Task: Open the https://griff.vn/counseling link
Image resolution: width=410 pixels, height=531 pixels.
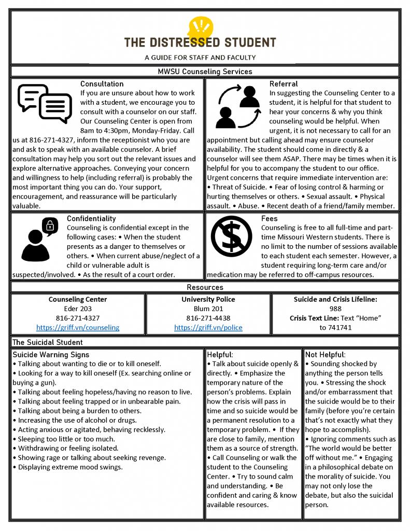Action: [78, 327]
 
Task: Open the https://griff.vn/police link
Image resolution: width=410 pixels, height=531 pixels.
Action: [208, 327]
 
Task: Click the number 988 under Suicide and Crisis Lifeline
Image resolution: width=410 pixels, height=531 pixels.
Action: [335, 309]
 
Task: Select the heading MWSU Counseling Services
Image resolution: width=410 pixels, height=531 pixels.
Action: [205, 72]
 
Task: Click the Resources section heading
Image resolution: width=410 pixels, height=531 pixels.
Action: [205, 287]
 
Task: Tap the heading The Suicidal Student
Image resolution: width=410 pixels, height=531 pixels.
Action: [47, 342]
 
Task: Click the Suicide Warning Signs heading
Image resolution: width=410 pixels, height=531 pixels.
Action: [51, 355]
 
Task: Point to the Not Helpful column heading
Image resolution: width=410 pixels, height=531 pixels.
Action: [324, 355]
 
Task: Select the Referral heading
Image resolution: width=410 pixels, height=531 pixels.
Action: [284, 83]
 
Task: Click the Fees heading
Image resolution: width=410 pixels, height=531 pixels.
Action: [269, 218]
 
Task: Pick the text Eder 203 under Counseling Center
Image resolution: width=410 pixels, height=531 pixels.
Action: [78, 309]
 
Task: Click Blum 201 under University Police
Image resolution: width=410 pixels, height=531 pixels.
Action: [208, 309]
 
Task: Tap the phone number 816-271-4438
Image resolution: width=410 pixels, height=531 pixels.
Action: [208, 318]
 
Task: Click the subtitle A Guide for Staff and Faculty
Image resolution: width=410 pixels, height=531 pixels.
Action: [200, 58]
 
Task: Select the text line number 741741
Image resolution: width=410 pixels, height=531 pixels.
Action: [335, 327]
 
